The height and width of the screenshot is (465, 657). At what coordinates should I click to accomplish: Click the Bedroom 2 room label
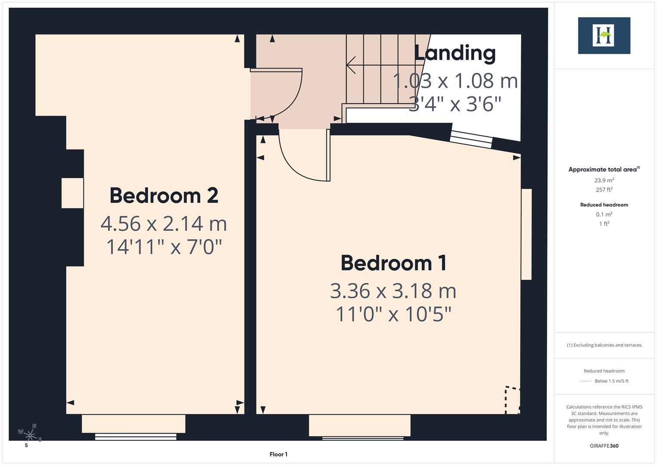[x=164, y=195]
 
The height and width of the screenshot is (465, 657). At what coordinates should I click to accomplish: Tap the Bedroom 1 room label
[x=393, y=263]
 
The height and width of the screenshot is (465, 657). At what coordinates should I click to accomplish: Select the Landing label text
[x=455, y=53]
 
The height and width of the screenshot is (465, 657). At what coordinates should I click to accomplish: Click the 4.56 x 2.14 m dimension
[x=163, y=223]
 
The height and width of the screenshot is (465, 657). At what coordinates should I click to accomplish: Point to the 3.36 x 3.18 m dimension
[x=393, y=291]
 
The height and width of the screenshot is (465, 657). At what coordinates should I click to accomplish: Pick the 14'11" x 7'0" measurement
[x=163, y=247]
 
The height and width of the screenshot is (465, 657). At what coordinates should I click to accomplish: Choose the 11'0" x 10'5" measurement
[x=393, y=314]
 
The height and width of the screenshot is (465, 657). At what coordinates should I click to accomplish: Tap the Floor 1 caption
[x=278, y=454]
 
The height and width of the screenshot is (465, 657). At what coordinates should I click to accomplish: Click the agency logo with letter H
[x=604, y=36]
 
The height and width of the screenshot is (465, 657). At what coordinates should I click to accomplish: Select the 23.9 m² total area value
[x=604, y=180]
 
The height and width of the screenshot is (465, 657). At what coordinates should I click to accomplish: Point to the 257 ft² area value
[x=604, y=189]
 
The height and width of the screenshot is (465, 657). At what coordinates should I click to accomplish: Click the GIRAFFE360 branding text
[x=604, y=446]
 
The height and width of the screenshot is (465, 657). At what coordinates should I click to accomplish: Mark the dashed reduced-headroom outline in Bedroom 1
[x=511, y=400]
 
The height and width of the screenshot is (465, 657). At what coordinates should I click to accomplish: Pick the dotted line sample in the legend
[x=586, y=381]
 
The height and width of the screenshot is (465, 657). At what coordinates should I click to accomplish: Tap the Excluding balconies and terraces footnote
[x=604, y=345]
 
